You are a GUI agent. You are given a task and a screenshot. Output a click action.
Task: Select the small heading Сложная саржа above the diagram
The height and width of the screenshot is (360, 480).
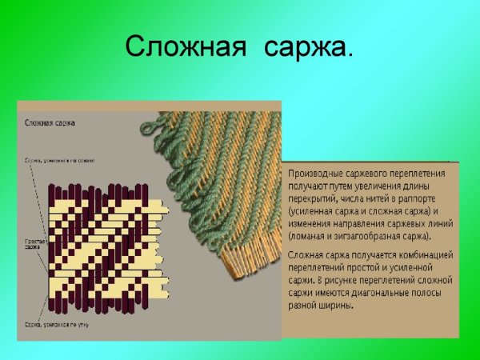click(50, 123)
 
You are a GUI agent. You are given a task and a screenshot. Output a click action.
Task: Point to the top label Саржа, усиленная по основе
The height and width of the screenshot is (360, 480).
click(59, 161)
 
